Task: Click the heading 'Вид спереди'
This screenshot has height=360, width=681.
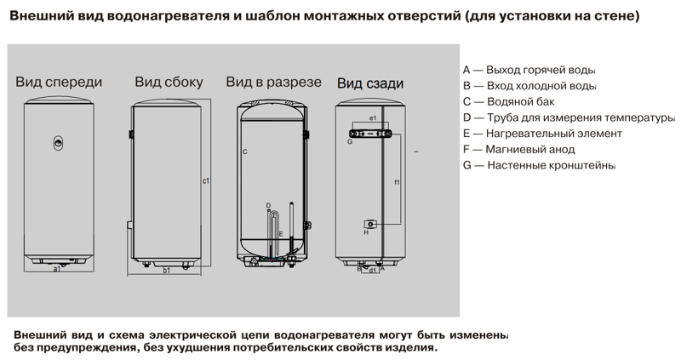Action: click(x=59, y=83)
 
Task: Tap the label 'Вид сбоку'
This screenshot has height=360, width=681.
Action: click(x=169, y=83)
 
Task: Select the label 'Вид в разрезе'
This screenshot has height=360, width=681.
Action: click(x=273, y=83)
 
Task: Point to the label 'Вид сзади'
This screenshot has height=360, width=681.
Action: click(x=369, y=83)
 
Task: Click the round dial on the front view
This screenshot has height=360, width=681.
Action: click(x=58, y=141)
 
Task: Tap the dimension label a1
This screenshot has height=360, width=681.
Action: click(x=57, y=269)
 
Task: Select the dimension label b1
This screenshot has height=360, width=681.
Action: click(x=167, y=271)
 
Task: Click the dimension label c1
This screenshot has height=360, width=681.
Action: click(x=206, y=180)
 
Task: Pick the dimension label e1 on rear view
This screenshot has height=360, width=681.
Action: click(x=373, y=117)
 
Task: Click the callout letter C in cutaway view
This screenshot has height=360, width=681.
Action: click(x=244, y=152)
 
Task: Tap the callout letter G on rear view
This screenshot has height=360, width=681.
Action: click(x=350, y=141)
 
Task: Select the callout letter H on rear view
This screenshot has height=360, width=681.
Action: click(x=366, y=232)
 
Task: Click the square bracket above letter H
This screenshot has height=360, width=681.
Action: click(x=369, y=223)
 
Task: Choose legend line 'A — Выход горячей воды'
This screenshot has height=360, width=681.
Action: click(x=529, y=69)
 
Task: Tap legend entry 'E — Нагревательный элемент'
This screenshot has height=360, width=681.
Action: click(x=542, y=134)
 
